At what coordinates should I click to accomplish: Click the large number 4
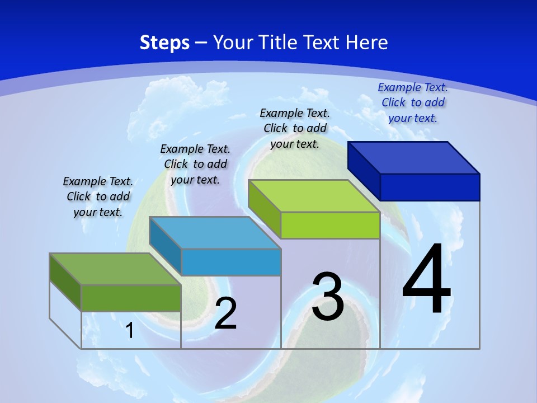click(x=426, y=280)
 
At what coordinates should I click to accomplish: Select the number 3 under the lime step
click(x=328, y=297)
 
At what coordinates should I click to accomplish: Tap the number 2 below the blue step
click(x=225, y=313)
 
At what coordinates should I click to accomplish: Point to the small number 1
click(x=129, y=330)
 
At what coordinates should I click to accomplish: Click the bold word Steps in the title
click(x=164, y=43)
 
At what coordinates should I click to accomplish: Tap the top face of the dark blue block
click(x=414, y=157)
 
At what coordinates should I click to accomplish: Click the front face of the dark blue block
click(x=430, y=187)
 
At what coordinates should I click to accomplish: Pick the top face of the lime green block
click(x=314, y=196)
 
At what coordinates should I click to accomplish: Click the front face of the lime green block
click(x=330, y=225)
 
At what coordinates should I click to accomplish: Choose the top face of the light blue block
click(x=215, y=233)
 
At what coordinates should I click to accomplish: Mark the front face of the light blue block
click(x=231, y=262)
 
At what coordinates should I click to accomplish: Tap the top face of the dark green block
click(x=115, y=269)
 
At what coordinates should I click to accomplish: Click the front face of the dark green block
click(x=131, y=298)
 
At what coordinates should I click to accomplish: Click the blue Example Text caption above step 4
click(x=413, y=102)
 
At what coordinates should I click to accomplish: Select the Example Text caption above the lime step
click(x=295, y=128)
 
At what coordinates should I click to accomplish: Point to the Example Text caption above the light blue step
click(x=195, y=164)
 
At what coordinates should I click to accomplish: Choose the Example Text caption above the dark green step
click(x=98, y=196)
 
